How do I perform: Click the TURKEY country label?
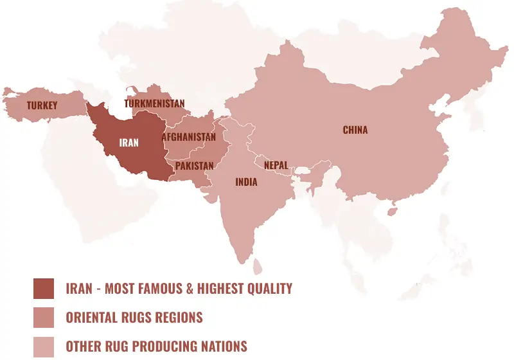[42, 105]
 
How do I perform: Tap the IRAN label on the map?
[128, 143]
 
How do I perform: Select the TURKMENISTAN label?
[154, 104]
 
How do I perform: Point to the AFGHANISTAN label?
[188, 137]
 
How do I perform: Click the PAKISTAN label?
[194, 166]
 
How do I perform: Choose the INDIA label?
[246, 182]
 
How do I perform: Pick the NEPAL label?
[276, 165]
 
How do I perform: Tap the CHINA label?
[355, 130]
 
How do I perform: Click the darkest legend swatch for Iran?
[44, 289]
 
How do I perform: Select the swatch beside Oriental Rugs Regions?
[44, 318]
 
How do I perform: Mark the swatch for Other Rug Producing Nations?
[44, 346]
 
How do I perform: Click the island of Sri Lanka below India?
[258, 265]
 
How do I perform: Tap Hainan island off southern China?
[393, 210]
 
